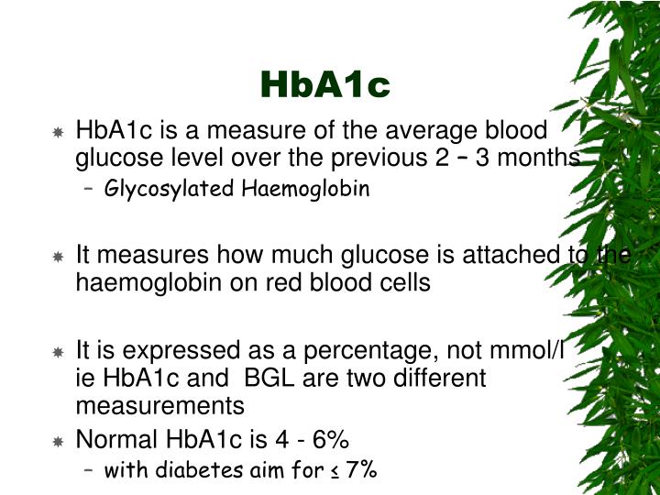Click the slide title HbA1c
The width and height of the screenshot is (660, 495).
tap(325, 84)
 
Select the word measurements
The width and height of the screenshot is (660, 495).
tap(159, 404)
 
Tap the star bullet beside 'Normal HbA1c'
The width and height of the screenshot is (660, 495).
tap(58, 440)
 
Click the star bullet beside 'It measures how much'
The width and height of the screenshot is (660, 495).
tap(58, 256)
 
